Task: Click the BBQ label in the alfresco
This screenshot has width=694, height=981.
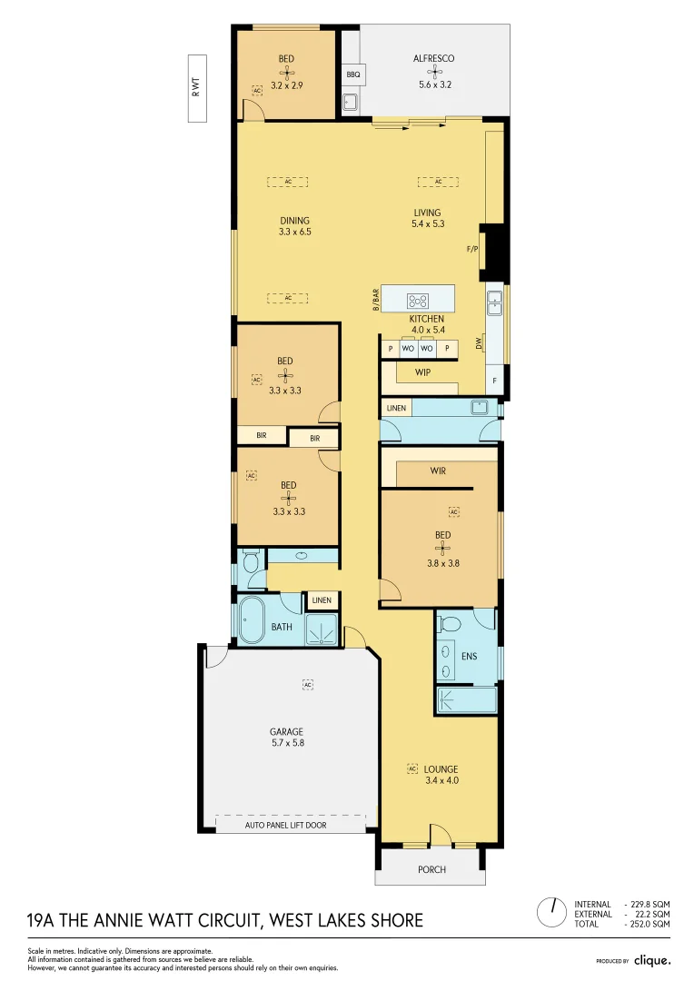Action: pos(353,74)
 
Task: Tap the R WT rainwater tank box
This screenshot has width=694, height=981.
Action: pos(195,88)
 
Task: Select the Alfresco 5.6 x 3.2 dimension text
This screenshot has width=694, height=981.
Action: pos(434,84)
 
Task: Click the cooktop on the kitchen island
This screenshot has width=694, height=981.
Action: pos(418,301)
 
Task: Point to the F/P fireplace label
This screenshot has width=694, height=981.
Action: pos(471,247)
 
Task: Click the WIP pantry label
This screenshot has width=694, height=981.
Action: pos(422,372)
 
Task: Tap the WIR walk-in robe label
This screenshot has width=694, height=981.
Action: pos(438,471)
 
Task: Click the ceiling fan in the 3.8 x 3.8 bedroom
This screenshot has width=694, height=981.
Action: pos(442,549)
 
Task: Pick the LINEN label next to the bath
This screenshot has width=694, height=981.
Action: pos(322,600)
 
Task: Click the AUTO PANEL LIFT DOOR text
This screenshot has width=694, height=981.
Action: pos(286,826)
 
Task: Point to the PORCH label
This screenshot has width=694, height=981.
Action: pos(431,869)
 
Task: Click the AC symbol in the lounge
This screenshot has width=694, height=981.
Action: pos(412,768)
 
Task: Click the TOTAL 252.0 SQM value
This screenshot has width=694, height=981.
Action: pos(648,924)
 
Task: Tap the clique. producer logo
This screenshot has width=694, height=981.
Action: pos(651,959)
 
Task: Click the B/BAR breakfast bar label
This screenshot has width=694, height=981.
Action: pos(375,300)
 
